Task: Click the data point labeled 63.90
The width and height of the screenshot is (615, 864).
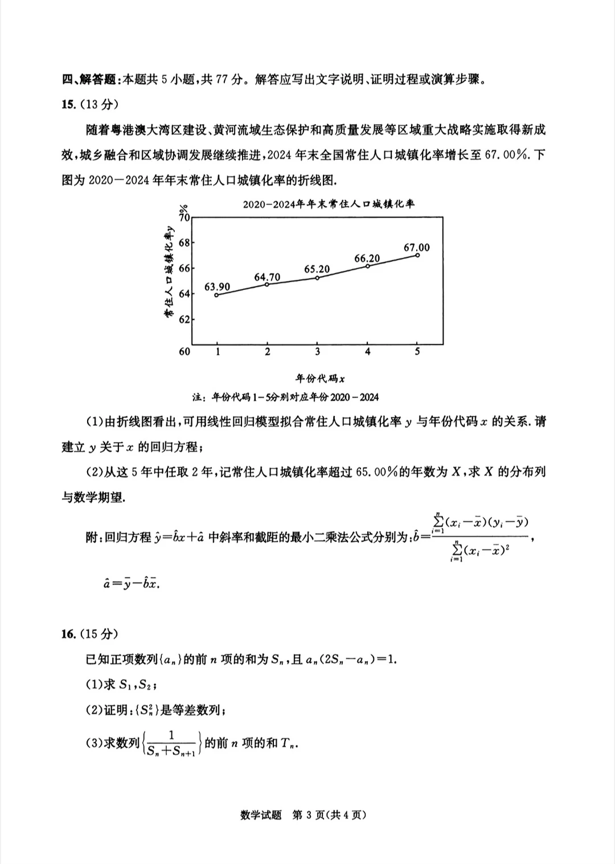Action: (x=217, y=294)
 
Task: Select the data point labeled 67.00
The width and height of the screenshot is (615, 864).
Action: (x=417, y=255)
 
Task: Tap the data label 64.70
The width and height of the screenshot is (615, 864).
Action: (x=267, y=277)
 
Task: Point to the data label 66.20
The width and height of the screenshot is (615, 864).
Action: (x=367, y=259)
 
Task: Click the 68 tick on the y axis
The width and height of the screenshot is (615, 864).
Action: (x=184, y=243)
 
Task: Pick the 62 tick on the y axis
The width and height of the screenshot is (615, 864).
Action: (x=184, y=320)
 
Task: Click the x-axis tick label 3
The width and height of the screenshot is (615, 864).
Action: (x=317, y=351)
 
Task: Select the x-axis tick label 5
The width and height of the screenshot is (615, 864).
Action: (x=417, y=351)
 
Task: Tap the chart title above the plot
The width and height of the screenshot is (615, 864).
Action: (x=329, y=204)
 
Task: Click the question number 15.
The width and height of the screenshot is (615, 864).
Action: (x=68, y=104)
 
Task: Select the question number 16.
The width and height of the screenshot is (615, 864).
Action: (x=68, y=634)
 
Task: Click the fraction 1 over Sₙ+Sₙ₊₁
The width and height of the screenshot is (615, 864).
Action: (x=171, y=743)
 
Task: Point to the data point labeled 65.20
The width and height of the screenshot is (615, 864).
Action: (x=317, y=278)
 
